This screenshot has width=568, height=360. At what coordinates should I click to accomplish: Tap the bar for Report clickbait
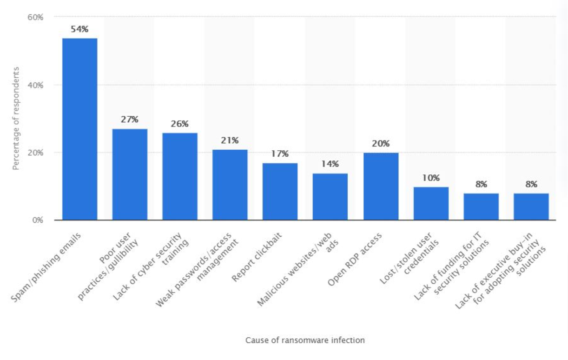280,191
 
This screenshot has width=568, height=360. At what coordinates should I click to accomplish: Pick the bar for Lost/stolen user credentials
431,203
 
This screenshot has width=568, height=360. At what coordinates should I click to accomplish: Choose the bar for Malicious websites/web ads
330,196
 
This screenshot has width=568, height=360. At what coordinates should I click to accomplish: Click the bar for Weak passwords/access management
230,185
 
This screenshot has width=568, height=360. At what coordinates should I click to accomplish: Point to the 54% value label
79,29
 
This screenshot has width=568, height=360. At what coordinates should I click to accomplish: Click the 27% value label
130,120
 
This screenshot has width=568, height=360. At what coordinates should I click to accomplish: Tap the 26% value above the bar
180,124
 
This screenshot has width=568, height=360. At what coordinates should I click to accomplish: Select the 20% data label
381,144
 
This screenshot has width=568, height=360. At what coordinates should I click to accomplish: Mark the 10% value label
431,178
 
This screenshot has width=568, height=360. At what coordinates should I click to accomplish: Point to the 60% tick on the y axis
35,17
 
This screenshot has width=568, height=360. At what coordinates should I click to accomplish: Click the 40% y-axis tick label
35,85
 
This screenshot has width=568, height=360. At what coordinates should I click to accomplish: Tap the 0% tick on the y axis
37,220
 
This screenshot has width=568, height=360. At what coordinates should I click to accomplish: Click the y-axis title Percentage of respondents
16,119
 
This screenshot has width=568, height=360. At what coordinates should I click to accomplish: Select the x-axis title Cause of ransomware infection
305,340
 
